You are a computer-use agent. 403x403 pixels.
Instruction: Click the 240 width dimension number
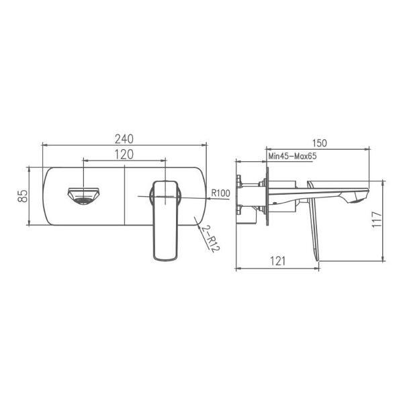pos(124,139)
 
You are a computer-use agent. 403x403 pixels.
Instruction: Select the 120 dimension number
pos(124,154)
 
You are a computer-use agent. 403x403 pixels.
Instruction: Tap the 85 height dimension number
pos(23,195)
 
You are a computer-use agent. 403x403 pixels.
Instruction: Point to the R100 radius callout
pos(221,193)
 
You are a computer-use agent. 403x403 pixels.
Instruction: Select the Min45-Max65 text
pos(292,156)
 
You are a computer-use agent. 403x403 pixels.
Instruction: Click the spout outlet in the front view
pos(82,196)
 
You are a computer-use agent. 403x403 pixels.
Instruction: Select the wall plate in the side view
pos(267,195)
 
